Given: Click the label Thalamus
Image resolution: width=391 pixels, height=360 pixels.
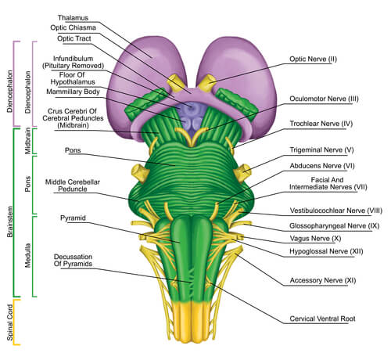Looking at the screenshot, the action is pyautogui.click(x=73, y=18).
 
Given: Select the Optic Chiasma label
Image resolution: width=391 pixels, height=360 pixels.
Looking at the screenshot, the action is pyautogui.click(x=73, y=27).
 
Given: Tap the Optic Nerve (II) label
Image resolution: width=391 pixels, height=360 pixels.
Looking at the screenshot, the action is pyautogui.click(x=313, y=59).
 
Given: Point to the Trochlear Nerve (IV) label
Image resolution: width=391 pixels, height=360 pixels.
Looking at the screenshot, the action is pyautogui.click(x=321, y=124).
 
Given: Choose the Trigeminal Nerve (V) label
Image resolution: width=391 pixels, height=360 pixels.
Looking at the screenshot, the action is pyautogui.click(x=321, y=150).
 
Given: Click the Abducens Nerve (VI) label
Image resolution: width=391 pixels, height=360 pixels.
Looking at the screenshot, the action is pyautogui.click(x=322, y=166).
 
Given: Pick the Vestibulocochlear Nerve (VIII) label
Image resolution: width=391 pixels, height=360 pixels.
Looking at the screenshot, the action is pyautogui.click(x=336, y=211).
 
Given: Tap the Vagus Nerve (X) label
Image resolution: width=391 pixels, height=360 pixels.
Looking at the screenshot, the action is pyautogui.click(x=315, y=239).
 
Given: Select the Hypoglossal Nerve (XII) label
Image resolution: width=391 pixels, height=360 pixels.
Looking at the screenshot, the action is pyautogui.click(x=326, y=251).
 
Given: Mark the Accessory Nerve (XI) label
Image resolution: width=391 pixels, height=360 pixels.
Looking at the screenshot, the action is pyautogui.click(x=323, y=280).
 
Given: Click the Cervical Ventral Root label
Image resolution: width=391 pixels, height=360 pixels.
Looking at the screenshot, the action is pyautogui.click(x=322, y=319).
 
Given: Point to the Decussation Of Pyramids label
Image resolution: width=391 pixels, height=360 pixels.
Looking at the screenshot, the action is pyautogui.click(x=73, y=260).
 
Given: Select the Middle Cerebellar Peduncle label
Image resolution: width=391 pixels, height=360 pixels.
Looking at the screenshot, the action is pyautogui.click(x=73, y=185).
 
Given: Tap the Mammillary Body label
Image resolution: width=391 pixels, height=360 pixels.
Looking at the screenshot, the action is pyautogui.click(x=73, y=92).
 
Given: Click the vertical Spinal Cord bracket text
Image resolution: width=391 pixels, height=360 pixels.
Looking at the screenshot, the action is pyautogui.click(x=10, y=322).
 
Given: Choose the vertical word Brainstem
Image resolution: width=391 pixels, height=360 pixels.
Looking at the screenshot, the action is pyautogui.click(x=10, y=221).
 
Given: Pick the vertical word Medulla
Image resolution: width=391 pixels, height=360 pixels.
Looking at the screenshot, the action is pyautogui.click(x=27, y=256).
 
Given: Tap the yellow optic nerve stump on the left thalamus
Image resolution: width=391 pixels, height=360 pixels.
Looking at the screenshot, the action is pyautogui.click(x=176, y=82).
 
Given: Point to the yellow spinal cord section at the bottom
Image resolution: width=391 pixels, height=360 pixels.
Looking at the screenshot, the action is pyautogui.click(x=192, y=322).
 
